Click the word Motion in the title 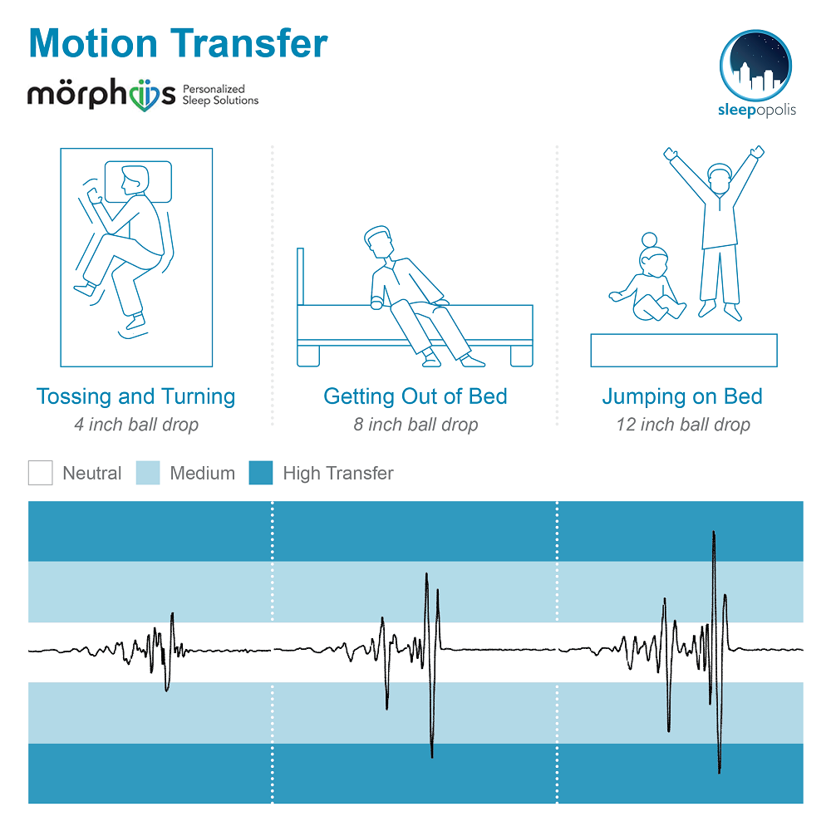coord(93,43)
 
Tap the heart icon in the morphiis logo coord(144,96)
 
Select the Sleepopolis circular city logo coord(755,65)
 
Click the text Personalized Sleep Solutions coord(220,95)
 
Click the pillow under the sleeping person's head coord(138,182)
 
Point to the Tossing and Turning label coord(135,396)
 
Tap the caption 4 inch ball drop coord(136,425)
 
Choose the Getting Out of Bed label coord(415,396)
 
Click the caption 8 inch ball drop coord(415,425)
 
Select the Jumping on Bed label coord(682,397)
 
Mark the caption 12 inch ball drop coord(682,425)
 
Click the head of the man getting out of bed coord(378,242)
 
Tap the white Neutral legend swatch coord(40,473)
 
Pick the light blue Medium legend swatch coord(148,473)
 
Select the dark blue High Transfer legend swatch coord(261,473)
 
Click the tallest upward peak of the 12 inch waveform coord(714,532)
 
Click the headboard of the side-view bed coord(301,277)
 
